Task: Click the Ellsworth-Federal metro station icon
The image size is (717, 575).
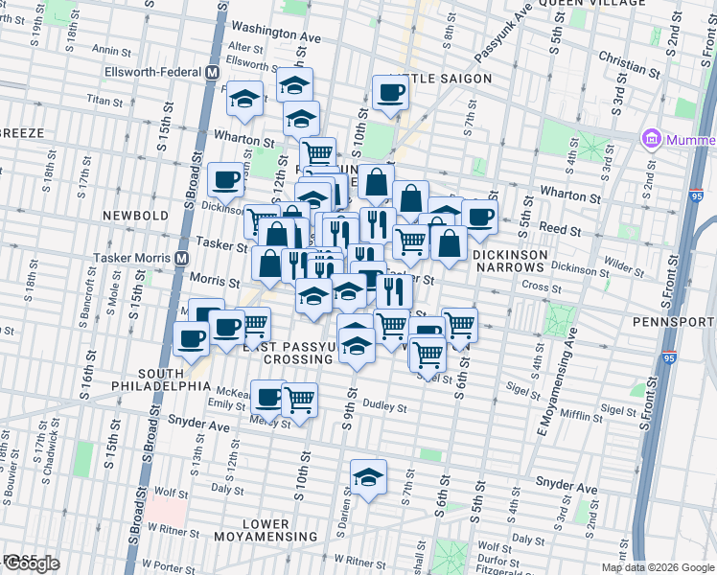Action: [x=212, y=73]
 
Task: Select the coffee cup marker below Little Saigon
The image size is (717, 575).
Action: [x=390, y=93]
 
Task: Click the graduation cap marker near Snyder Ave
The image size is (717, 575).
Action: [x=368, y=476]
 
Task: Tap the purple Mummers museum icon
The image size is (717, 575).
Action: [x=653, y=140]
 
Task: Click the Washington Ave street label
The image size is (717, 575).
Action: [x=275, y=32]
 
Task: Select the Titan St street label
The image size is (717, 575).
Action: [x=105, y=99]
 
